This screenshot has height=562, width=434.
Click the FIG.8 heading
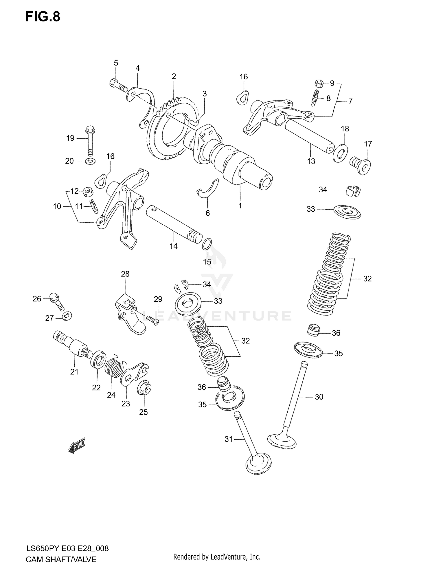(x=43, y=17)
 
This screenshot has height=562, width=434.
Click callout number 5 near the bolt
(x=116, y=63)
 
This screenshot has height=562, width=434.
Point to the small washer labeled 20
(x=91, y=161)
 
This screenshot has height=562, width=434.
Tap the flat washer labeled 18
(x=340, y=153)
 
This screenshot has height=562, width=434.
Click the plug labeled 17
(x=361, y=165)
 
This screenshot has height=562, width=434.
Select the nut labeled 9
(x=319, y=84)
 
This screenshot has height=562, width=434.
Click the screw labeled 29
(x=152, y=321)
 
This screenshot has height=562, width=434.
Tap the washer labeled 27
(x=67, y=316)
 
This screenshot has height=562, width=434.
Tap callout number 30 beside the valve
(x=319, y=397)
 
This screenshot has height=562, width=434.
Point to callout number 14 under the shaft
(x=173, y=246)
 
